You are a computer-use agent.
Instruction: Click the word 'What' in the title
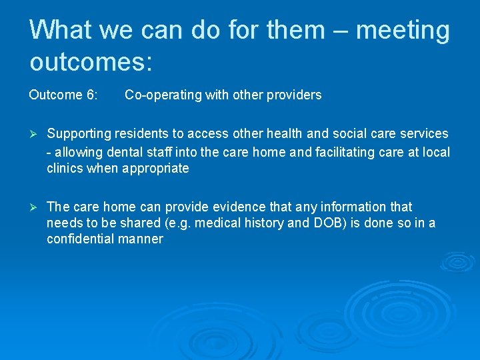coord(63,30)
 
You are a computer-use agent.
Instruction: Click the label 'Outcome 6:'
coord(63,95)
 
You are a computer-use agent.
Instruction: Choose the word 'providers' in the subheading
coord(293,95)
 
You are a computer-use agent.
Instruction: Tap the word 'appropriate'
coord(155,168)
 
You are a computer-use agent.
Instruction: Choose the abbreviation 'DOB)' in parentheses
coord(325,223)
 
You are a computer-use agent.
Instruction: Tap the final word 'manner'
coord(141,239)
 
